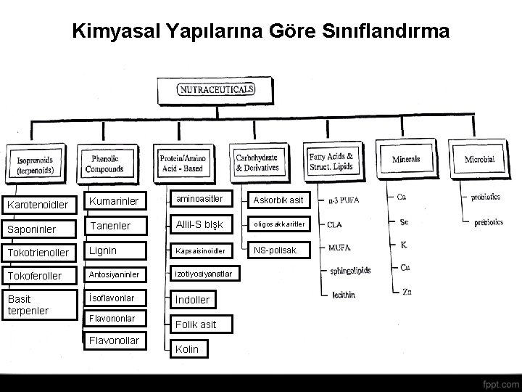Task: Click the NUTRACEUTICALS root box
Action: click(x=216, y=90)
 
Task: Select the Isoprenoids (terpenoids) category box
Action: click(x=34, y=164)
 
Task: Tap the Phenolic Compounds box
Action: click(x=104, y=164)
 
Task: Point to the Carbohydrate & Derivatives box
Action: click(x=257, y=162)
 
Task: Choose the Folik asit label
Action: click(x=196, y=324)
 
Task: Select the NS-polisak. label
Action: click(x=281, y=251)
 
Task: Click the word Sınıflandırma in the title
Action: click(x=389, y=32)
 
